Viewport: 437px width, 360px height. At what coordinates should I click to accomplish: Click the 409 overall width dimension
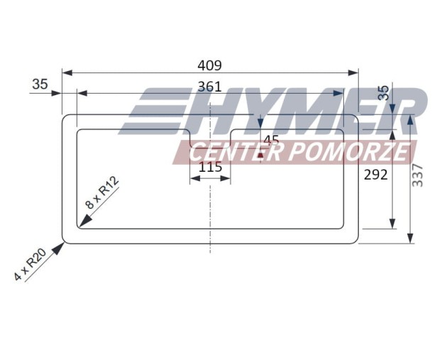(209, 66)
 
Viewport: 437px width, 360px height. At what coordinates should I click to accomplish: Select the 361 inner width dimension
(209, 87)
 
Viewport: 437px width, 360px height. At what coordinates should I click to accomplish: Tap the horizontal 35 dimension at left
(40, 84)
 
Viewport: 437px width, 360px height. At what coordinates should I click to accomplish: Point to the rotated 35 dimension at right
(384, 93)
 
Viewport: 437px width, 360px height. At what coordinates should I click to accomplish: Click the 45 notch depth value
(271, 141)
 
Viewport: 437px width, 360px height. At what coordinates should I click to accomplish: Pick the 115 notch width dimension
(211, 167)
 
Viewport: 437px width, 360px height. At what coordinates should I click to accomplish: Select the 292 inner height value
(376, 175)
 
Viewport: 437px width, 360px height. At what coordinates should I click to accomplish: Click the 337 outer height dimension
(417, 175)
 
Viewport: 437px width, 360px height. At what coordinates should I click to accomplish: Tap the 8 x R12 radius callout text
(101, 192)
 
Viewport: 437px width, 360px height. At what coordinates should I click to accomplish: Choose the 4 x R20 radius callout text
(30, 264)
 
